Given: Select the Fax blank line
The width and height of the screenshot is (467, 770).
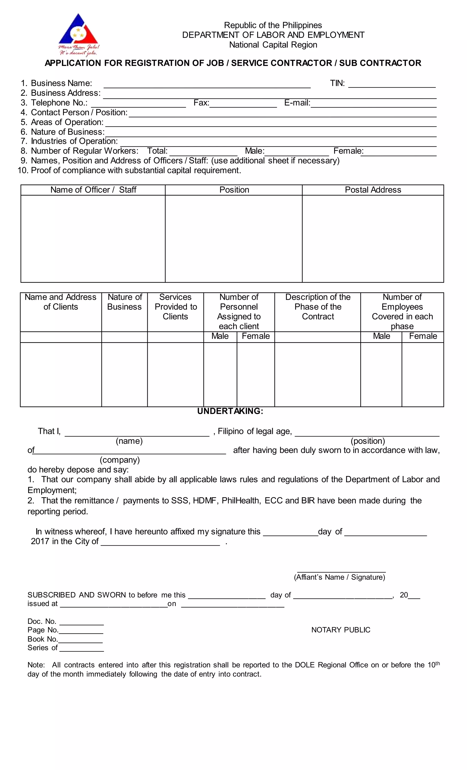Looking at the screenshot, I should (x=243, y=104).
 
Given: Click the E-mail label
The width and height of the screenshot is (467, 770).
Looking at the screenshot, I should (x=297, y=103).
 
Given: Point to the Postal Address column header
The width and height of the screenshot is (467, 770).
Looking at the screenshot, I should (x=373, y=190).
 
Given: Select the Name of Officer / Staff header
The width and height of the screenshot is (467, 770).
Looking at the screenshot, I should (x=93, y=190).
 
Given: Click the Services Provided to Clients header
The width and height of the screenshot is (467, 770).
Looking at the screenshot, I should (x=175, y=307).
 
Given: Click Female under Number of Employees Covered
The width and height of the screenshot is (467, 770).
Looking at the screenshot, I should (x=423, y=336).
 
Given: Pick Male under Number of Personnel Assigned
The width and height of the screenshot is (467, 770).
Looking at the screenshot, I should (x=220, y=336).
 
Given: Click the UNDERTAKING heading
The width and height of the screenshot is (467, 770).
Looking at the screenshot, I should (x=230, y=411).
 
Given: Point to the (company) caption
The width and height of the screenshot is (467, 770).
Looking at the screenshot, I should (x=119, y=460).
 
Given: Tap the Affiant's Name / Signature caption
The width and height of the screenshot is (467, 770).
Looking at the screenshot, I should (x=339, y=577).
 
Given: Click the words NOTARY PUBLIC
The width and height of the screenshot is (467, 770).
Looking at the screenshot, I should (x=341, y=630).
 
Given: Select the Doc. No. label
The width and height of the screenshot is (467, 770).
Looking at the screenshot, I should (x=42, y=621).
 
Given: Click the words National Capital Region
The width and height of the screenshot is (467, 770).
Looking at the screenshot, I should (x=273, y=45).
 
